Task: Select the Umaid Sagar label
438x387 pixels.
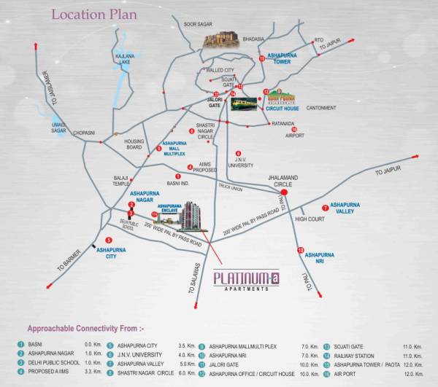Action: [x=59, y=128]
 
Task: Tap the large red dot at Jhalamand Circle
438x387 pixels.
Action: [x=285, y=194]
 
